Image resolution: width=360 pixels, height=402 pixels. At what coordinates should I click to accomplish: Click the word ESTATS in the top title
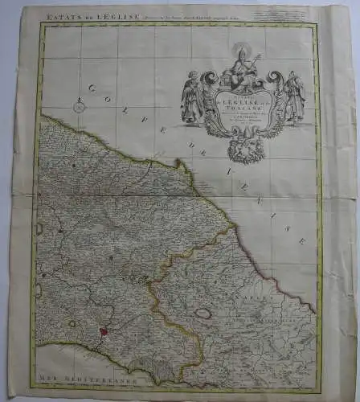pyautogui.click(x=58, y=13)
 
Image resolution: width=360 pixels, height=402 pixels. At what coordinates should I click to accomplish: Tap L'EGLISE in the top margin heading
pyautogui.click(x=101, y=13)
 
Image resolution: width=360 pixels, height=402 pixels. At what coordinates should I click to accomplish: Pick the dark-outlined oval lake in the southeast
pyautogui.click(x=206, y=314)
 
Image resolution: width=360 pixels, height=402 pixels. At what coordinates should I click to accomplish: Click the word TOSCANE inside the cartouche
pyautogui.click(x=244, y=113)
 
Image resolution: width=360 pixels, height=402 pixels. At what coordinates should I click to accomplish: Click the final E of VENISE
pyautogui.click(x=301, y=240)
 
